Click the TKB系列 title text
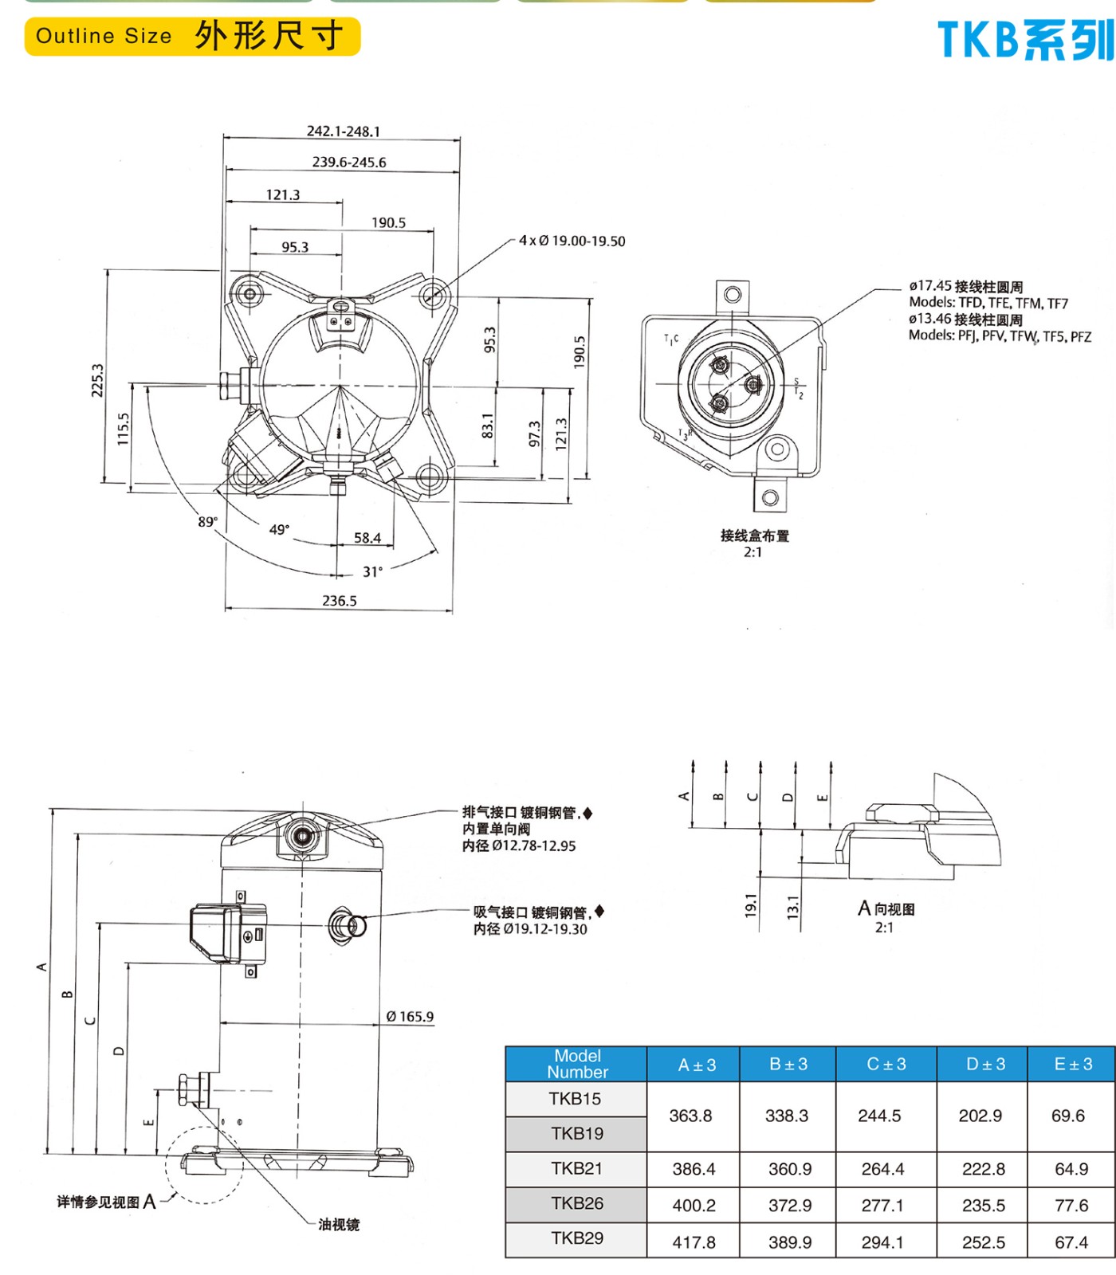tap(1025, 40)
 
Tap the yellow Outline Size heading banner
tap(192, 37)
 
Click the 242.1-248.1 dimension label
tap(344, 131)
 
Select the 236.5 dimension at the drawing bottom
tap(340, 601)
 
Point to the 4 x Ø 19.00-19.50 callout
tap(572, 241)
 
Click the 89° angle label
tap(208, 522)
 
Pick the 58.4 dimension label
tap(367, 538)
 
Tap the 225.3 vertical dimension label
tap(97, 380)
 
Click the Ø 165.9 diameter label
tap(410, 1017)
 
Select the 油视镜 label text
tap(339, 1225)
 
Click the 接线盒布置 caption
tap(754, 535)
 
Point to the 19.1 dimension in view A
tap(750, 905)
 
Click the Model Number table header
tap(577, 1064)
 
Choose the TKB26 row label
tap(577, 1203)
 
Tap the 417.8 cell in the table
tap(694, 1242)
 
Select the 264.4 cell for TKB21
tap(882, 1169)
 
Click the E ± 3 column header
tap(1073, 1064)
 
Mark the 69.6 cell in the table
tap(1067, 1116)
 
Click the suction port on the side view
tap(349, 926)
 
